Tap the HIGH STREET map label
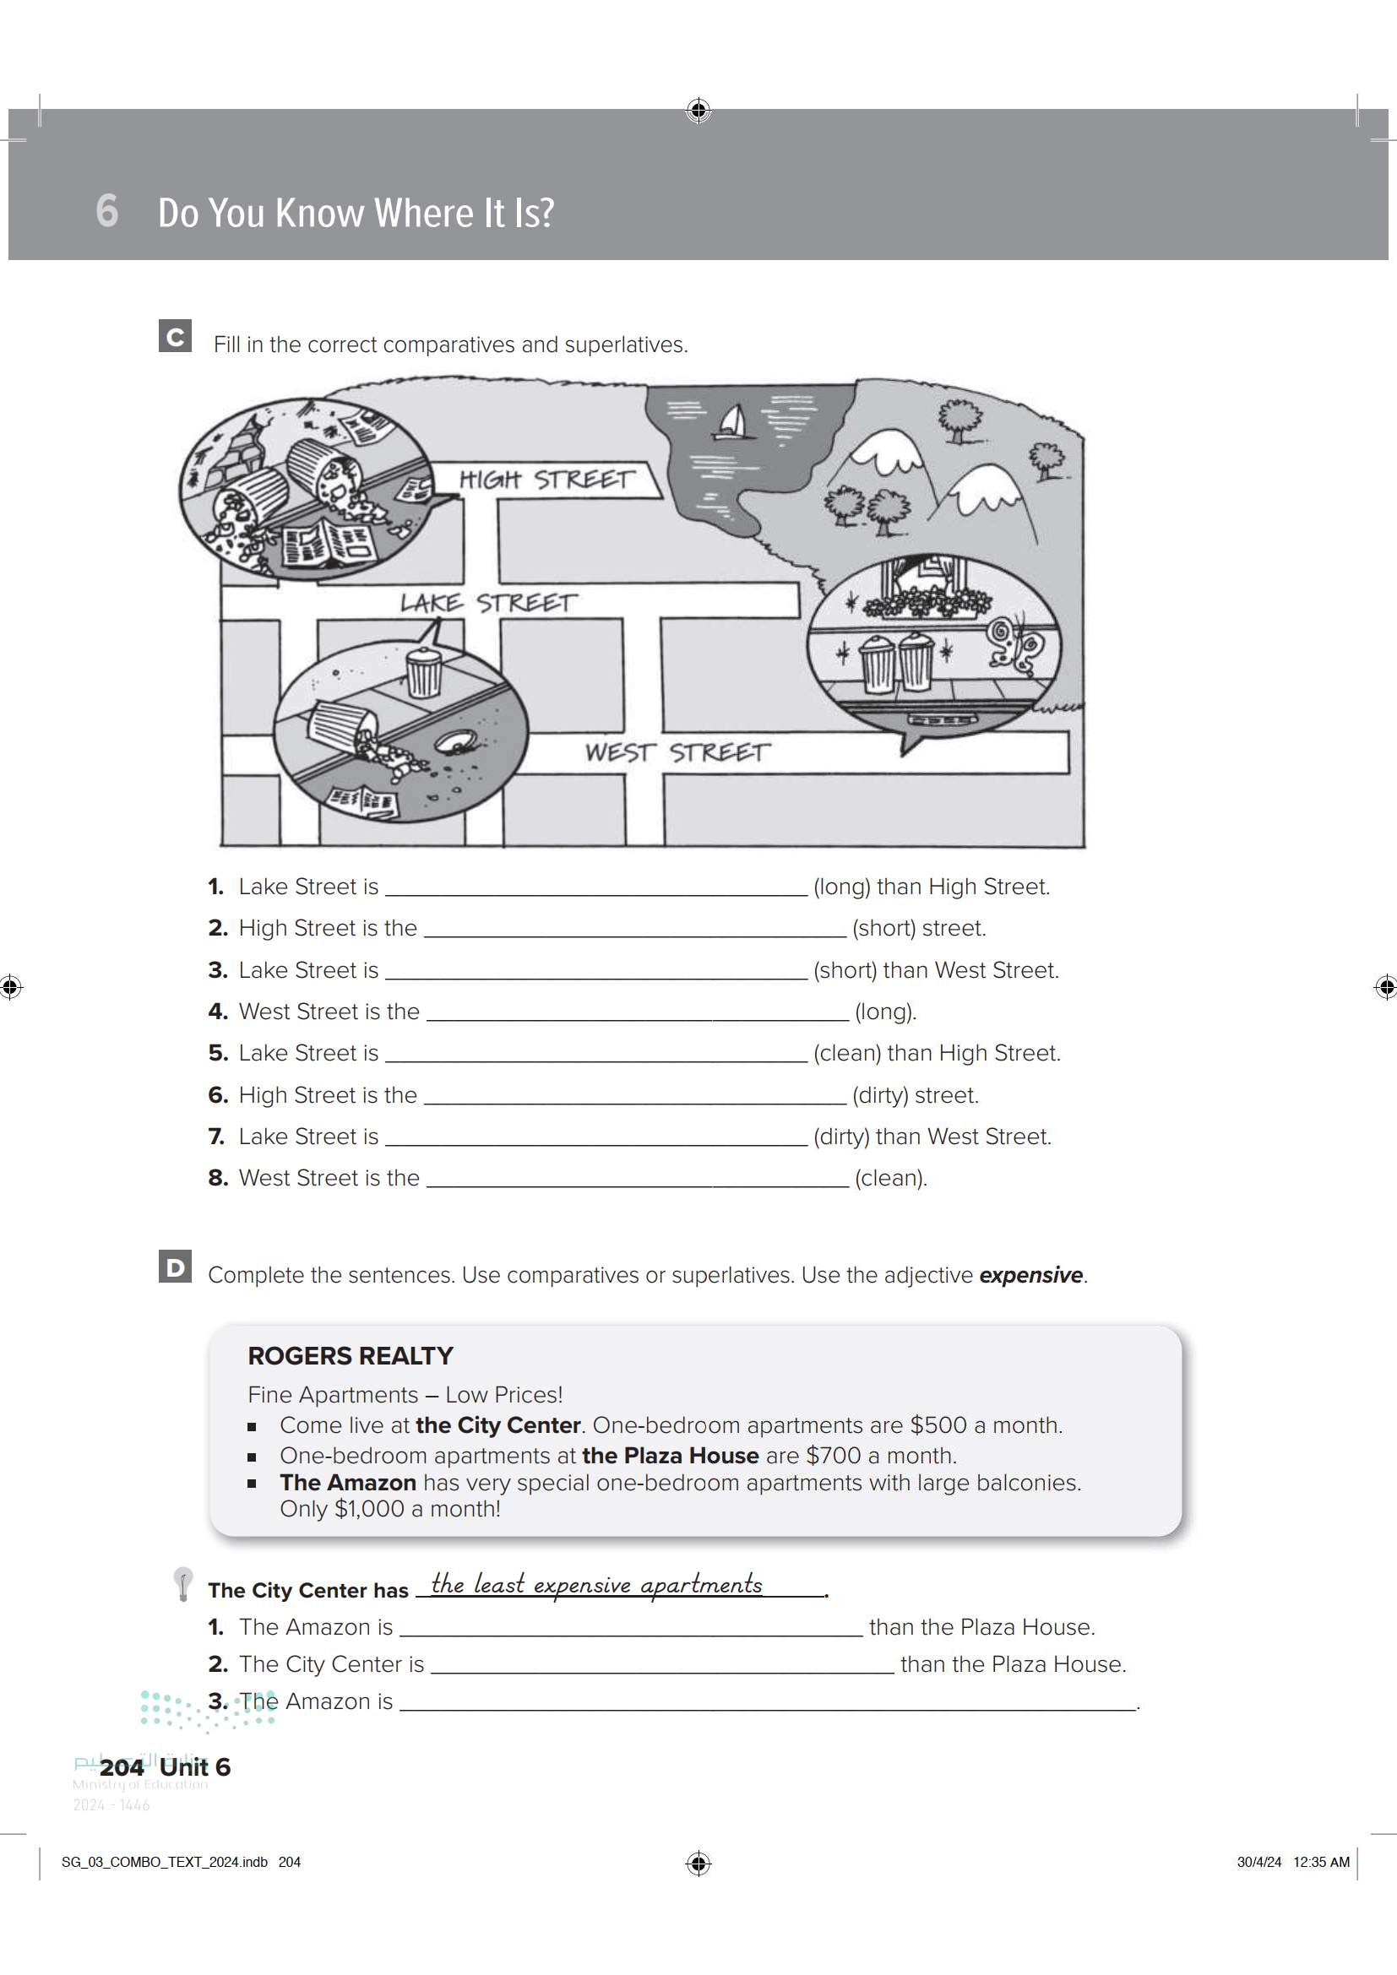point(547,479)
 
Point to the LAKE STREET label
point(488,602)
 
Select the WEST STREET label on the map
point(678,751)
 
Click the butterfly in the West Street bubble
point(1016,642)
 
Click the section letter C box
point(176,336)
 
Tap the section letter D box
point(176,1267)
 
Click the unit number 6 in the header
point(106,211)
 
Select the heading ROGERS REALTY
point(351,1356)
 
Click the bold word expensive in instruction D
point(1030,1275)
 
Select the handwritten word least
point(499,1583)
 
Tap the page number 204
point(122,1766)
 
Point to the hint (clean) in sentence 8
point(891,1178)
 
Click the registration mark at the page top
point(698,110)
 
